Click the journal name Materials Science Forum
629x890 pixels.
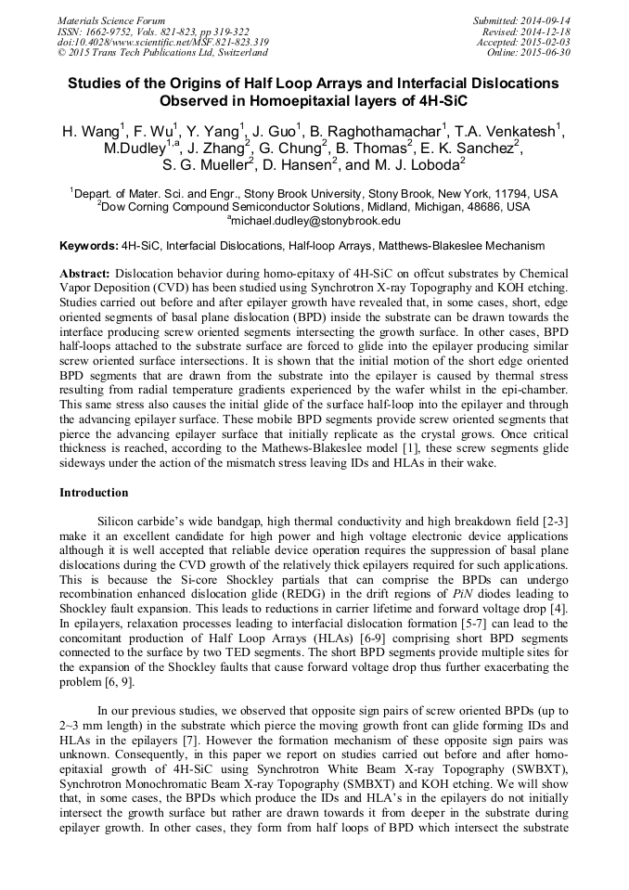tap(111, 19)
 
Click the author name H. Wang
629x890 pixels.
tap(90, 132)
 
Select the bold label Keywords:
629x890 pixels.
tap(88, 246)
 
